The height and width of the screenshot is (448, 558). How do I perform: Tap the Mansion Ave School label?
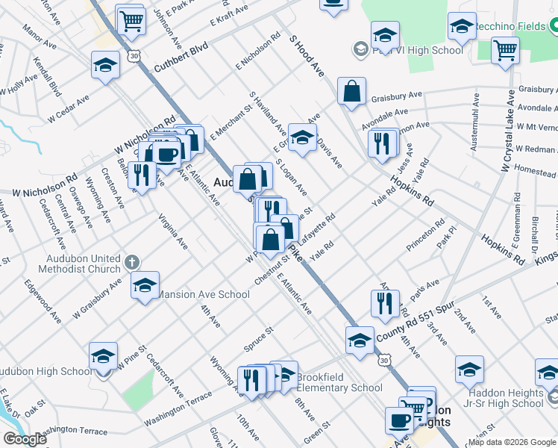coord(202,294)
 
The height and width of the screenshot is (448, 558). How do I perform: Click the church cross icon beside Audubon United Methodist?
coord(132,262)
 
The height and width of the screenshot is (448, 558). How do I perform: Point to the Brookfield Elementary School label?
coord(339,382)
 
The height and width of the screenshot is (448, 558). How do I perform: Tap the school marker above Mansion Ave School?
coord(145,284)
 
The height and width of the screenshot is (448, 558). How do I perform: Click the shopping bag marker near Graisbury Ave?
coord(351,92)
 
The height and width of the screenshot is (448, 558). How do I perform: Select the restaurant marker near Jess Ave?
coord(382,143)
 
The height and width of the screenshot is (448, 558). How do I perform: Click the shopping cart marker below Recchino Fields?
coord(506,52)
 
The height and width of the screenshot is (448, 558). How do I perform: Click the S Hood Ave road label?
coord(307,55)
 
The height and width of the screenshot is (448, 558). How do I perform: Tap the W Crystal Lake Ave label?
coord(509,131)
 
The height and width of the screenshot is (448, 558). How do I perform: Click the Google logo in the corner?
coord(25,439)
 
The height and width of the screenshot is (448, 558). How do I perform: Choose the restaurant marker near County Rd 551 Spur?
coord(385,303)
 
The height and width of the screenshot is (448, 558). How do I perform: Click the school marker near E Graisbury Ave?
coord(302,137)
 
